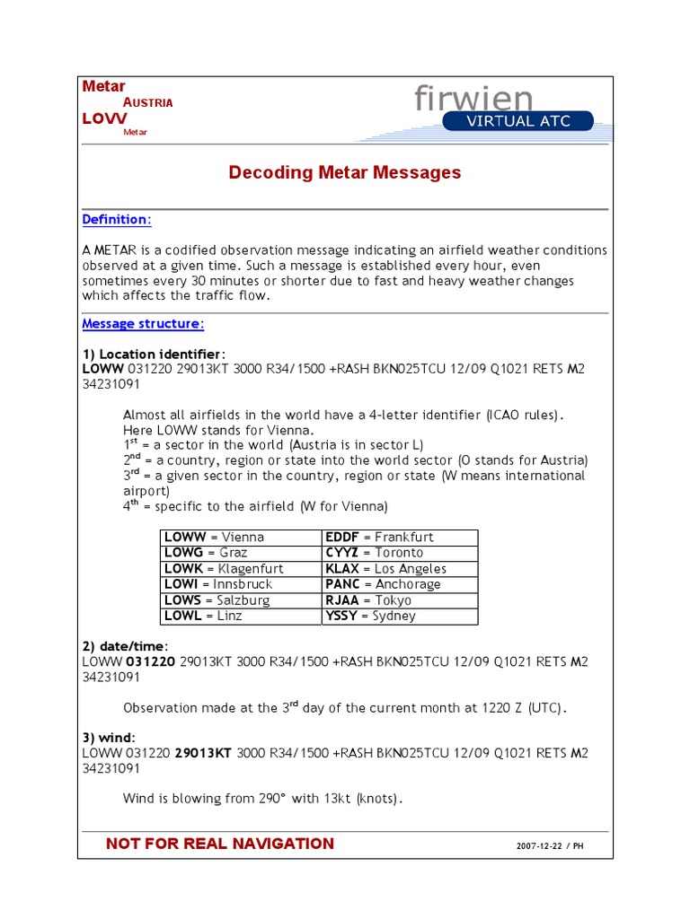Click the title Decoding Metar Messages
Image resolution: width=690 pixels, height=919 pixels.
point(345,172)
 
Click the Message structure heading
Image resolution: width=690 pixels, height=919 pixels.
point(143,323)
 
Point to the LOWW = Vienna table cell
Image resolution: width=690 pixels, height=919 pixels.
point(214,537)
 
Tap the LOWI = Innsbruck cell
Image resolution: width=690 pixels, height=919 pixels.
point(217,584)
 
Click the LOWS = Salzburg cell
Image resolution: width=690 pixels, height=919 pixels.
point(217,600)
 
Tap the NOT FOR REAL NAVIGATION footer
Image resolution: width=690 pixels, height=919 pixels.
point(220,844)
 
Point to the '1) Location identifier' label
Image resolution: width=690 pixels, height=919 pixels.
point(154,354)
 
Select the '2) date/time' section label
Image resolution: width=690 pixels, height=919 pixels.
point(125,647)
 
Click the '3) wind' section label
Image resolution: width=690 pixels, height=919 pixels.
point(109,738)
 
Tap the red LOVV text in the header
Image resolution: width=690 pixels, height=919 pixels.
point(104,118)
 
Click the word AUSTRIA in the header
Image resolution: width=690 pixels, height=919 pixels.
point(147,102)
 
